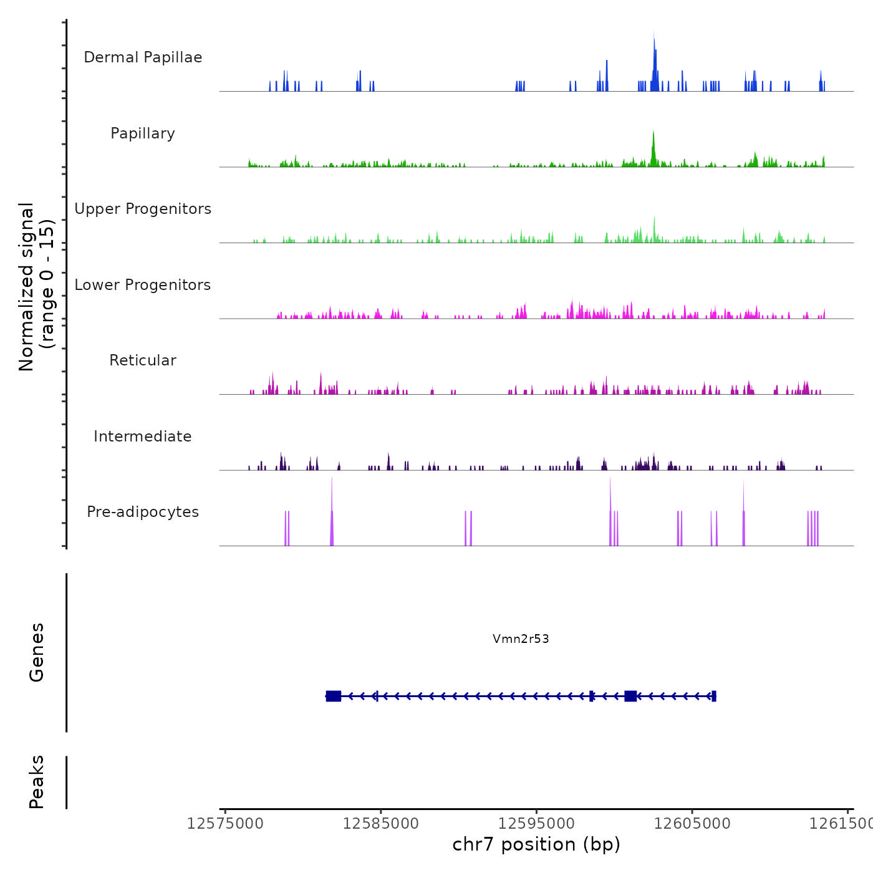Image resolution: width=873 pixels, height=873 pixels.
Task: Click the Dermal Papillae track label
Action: [x=143, y=57]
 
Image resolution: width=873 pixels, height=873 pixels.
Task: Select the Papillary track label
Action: [x=143, y=133]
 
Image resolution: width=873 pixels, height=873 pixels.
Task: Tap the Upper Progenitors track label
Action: [x=143, y=209]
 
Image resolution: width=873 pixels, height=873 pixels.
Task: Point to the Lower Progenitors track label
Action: [x=143, y=285]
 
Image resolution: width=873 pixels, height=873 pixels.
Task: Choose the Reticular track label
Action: [x=143, y=360]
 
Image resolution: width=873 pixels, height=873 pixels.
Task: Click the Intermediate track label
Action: [x=143, y=436]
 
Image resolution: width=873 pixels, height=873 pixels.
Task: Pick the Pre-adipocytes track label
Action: [x=143, y=512]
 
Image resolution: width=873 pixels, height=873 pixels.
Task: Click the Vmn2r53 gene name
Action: [x=521, y=639]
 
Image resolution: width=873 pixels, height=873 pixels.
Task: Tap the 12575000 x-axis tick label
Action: [x=225, y=824]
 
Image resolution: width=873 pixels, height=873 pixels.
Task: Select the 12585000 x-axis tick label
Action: [x=381, y=824]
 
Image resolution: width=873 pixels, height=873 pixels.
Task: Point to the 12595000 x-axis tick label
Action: [x=536, y=824]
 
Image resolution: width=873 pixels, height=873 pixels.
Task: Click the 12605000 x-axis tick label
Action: [x=692, y=824]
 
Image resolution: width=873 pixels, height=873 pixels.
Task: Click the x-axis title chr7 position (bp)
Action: [x=536, y=844]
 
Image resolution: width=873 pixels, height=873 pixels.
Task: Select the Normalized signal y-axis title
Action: [x=36, y=287]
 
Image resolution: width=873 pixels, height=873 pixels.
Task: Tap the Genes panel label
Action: [x=37, y=652]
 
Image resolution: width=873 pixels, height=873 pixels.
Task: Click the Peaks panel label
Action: [x=37, y=782]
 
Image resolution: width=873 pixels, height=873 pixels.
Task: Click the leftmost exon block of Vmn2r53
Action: [x=334, y=696]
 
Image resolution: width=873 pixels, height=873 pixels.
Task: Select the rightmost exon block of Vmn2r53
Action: [x=713, y=696]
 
